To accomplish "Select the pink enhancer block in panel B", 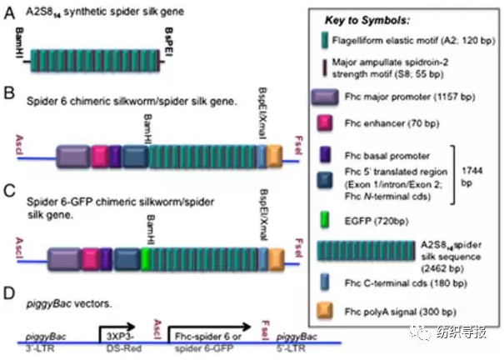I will coord(99,156).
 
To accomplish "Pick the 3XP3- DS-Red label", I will coord(116,339).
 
